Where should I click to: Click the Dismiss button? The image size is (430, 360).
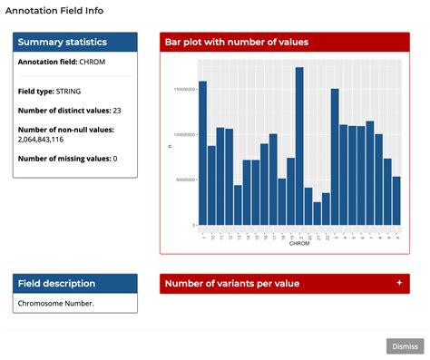(x=405, y=345)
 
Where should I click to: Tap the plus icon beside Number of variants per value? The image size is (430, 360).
(x=399, y=283)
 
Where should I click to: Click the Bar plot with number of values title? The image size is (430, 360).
(x=236, y=43)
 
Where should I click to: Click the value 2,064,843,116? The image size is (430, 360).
(x=53, y=140)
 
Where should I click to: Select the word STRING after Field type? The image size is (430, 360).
(x=68, y=92)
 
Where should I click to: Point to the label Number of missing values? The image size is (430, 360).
(x=61, y=159)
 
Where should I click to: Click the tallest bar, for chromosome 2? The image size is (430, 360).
(x=299, y=145)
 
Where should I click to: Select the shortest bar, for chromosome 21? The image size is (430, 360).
(x=317, y=213)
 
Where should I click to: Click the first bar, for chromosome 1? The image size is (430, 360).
(x=202, y=152)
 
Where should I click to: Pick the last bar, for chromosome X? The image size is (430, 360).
(x=396, y=200)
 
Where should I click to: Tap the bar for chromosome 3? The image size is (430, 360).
(x=335, y=157)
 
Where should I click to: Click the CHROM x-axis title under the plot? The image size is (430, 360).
(x=298, y=243)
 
